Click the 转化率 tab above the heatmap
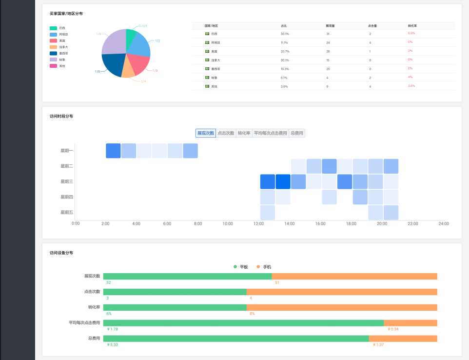[244, 133]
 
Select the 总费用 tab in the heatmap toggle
[297, 133]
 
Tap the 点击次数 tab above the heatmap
[226, 133]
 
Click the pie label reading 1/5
[98, 72]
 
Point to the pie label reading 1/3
[155, 71]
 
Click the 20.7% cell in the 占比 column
[285, 51]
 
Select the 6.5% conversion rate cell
[411, 33]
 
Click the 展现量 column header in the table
[331, 25]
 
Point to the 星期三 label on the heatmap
[66, 181]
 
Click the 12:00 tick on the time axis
[258, 224]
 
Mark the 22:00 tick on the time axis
[413, 224]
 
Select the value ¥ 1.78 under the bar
[112, 329]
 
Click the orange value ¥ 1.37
[378, 345]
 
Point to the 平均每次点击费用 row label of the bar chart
[84, 323]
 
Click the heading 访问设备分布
[61, 253]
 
